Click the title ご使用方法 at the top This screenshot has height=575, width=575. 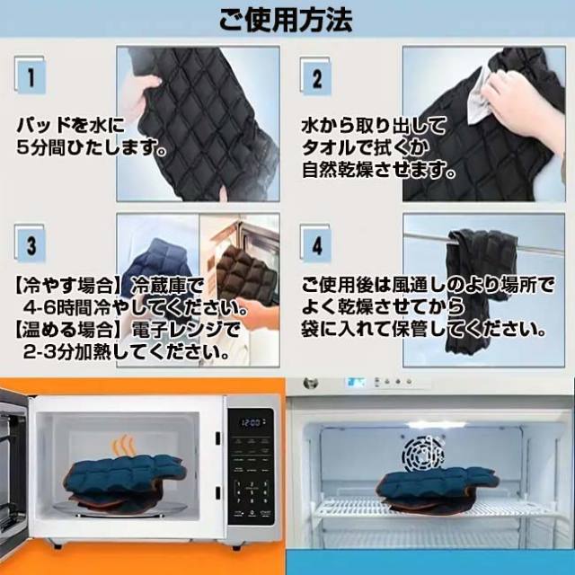[x=287, y=17]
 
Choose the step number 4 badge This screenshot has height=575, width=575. [x=316, y=243]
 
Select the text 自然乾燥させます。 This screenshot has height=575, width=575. [x=378, y=168]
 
